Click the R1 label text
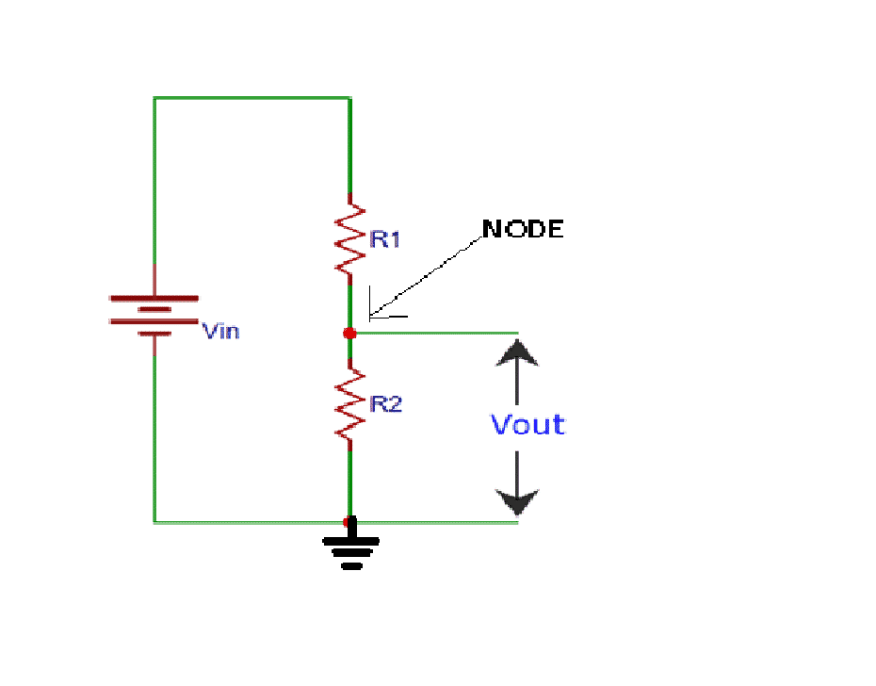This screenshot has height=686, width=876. click(x=385, y=239)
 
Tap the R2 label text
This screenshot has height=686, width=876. click(x=386, y=404)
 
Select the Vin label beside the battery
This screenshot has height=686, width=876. click(x=221, y=331)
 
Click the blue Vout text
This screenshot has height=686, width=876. click(x=527, y=425)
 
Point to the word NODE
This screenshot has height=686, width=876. click(x=523, y=229)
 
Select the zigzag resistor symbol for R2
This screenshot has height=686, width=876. click(x=349, y=404)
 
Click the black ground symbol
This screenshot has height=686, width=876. click(x=350, y=552)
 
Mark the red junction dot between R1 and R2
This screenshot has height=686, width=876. click(x=349, y=333)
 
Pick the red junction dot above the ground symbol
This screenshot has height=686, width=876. click(x=349, y=521)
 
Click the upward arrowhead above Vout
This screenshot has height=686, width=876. click(x=517, y=352)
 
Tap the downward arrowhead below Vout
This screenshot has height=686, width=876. click(x=517, y=500)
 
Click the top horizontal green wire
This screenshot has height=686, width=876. click(x=251, y=97)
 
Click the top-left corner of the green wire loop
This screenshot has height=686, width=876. click(x=154, y=97)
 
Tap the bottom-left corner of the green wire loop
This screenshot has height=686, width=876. click(x=154, y=521)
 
